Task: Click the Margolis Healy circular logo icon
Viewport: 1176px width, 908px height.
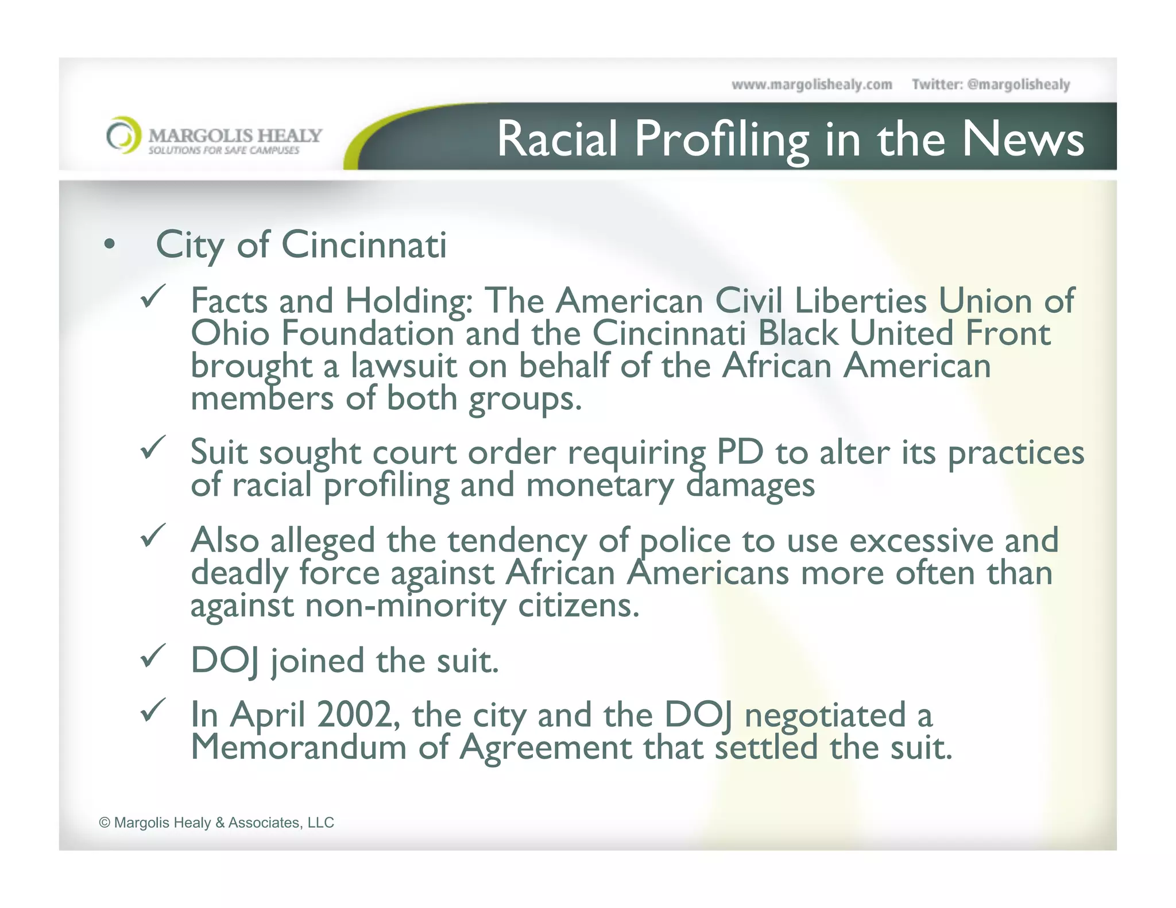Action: [123, 135]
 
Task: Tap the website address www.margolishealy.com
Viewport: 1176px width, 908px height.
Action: [811, 85]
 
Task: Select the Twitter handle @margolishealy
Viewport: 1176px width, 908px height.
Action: [1018, 85]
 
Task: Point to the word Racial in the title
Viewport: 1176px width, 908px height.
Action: [556, 139]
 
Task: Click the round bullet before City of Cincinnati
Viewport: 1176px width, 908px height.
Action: [109, 245]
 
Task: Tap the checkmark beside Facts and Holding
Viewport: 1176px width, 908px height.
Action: [153, 296]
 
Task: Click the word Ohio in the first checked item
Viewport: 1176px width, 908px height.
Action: [230, 333]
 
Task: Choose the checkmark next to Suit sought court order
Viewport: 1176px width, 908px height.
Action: [153, 447]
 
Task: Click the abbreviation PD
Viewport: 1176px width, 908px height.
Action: [740, 452]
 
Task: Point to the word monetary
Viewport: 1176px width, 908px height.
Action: [599, 485]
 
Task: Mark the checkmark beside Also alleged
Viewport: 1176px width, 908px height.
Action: [153, 536]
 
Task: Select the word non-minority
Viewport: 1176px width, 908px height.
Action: [405, 606]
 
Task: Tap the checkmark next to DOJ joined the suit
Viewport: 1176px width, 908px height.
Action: [153, 655]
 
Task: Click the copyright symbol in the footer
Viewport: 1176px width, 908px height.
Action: [105, 823]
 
